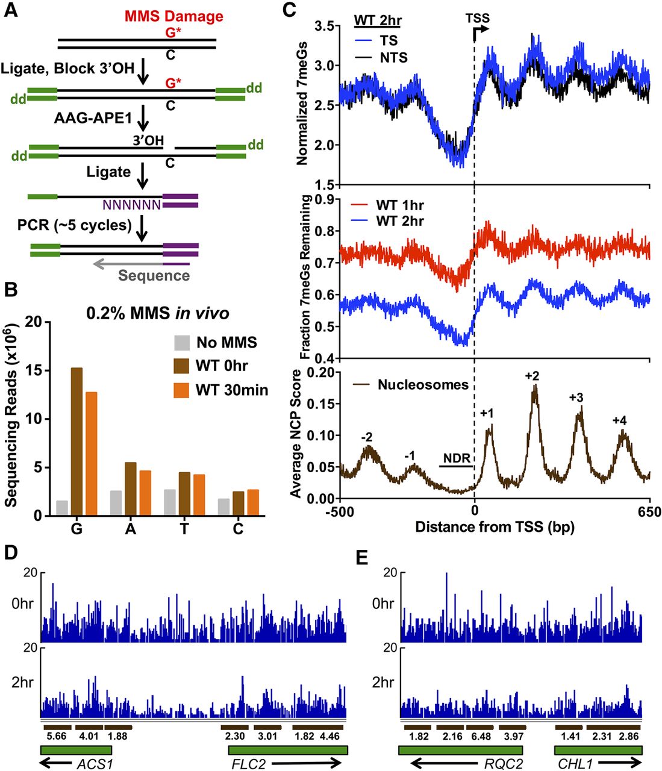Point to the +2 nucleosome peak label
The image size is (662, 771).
click(532, 376)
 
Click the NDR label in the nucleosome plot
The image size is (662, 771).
click(457, 458)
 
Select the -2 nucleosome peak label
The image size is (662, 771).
click(366, 437)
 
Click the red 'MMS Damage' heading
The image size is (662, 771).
click(173, 16)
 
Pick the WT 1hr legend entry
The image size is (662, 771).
click(399, 205)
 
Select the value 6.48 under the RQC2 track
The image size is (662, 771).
click(481, 736)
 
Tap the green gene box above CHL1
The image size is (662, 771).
click(598, 751)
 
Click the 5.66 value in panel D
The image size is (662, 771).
click(56, 735)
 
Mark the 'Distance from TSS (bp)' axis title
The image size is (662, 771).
click(495, 528)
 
